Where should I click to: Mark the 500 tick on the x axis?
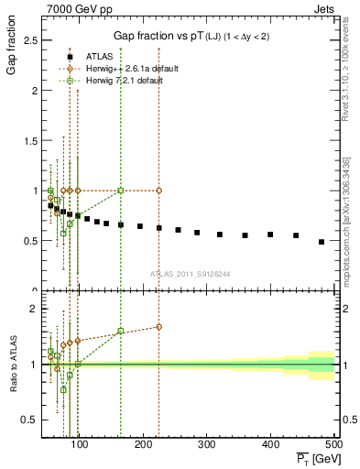tap(333, 444)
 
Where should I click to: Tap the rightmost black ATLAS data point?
tap(322, 242)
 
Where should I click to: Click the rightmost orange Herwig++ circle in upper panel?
tap(158, 191)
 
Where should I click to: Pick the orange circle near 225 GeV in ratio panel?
tap(158, 326)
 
